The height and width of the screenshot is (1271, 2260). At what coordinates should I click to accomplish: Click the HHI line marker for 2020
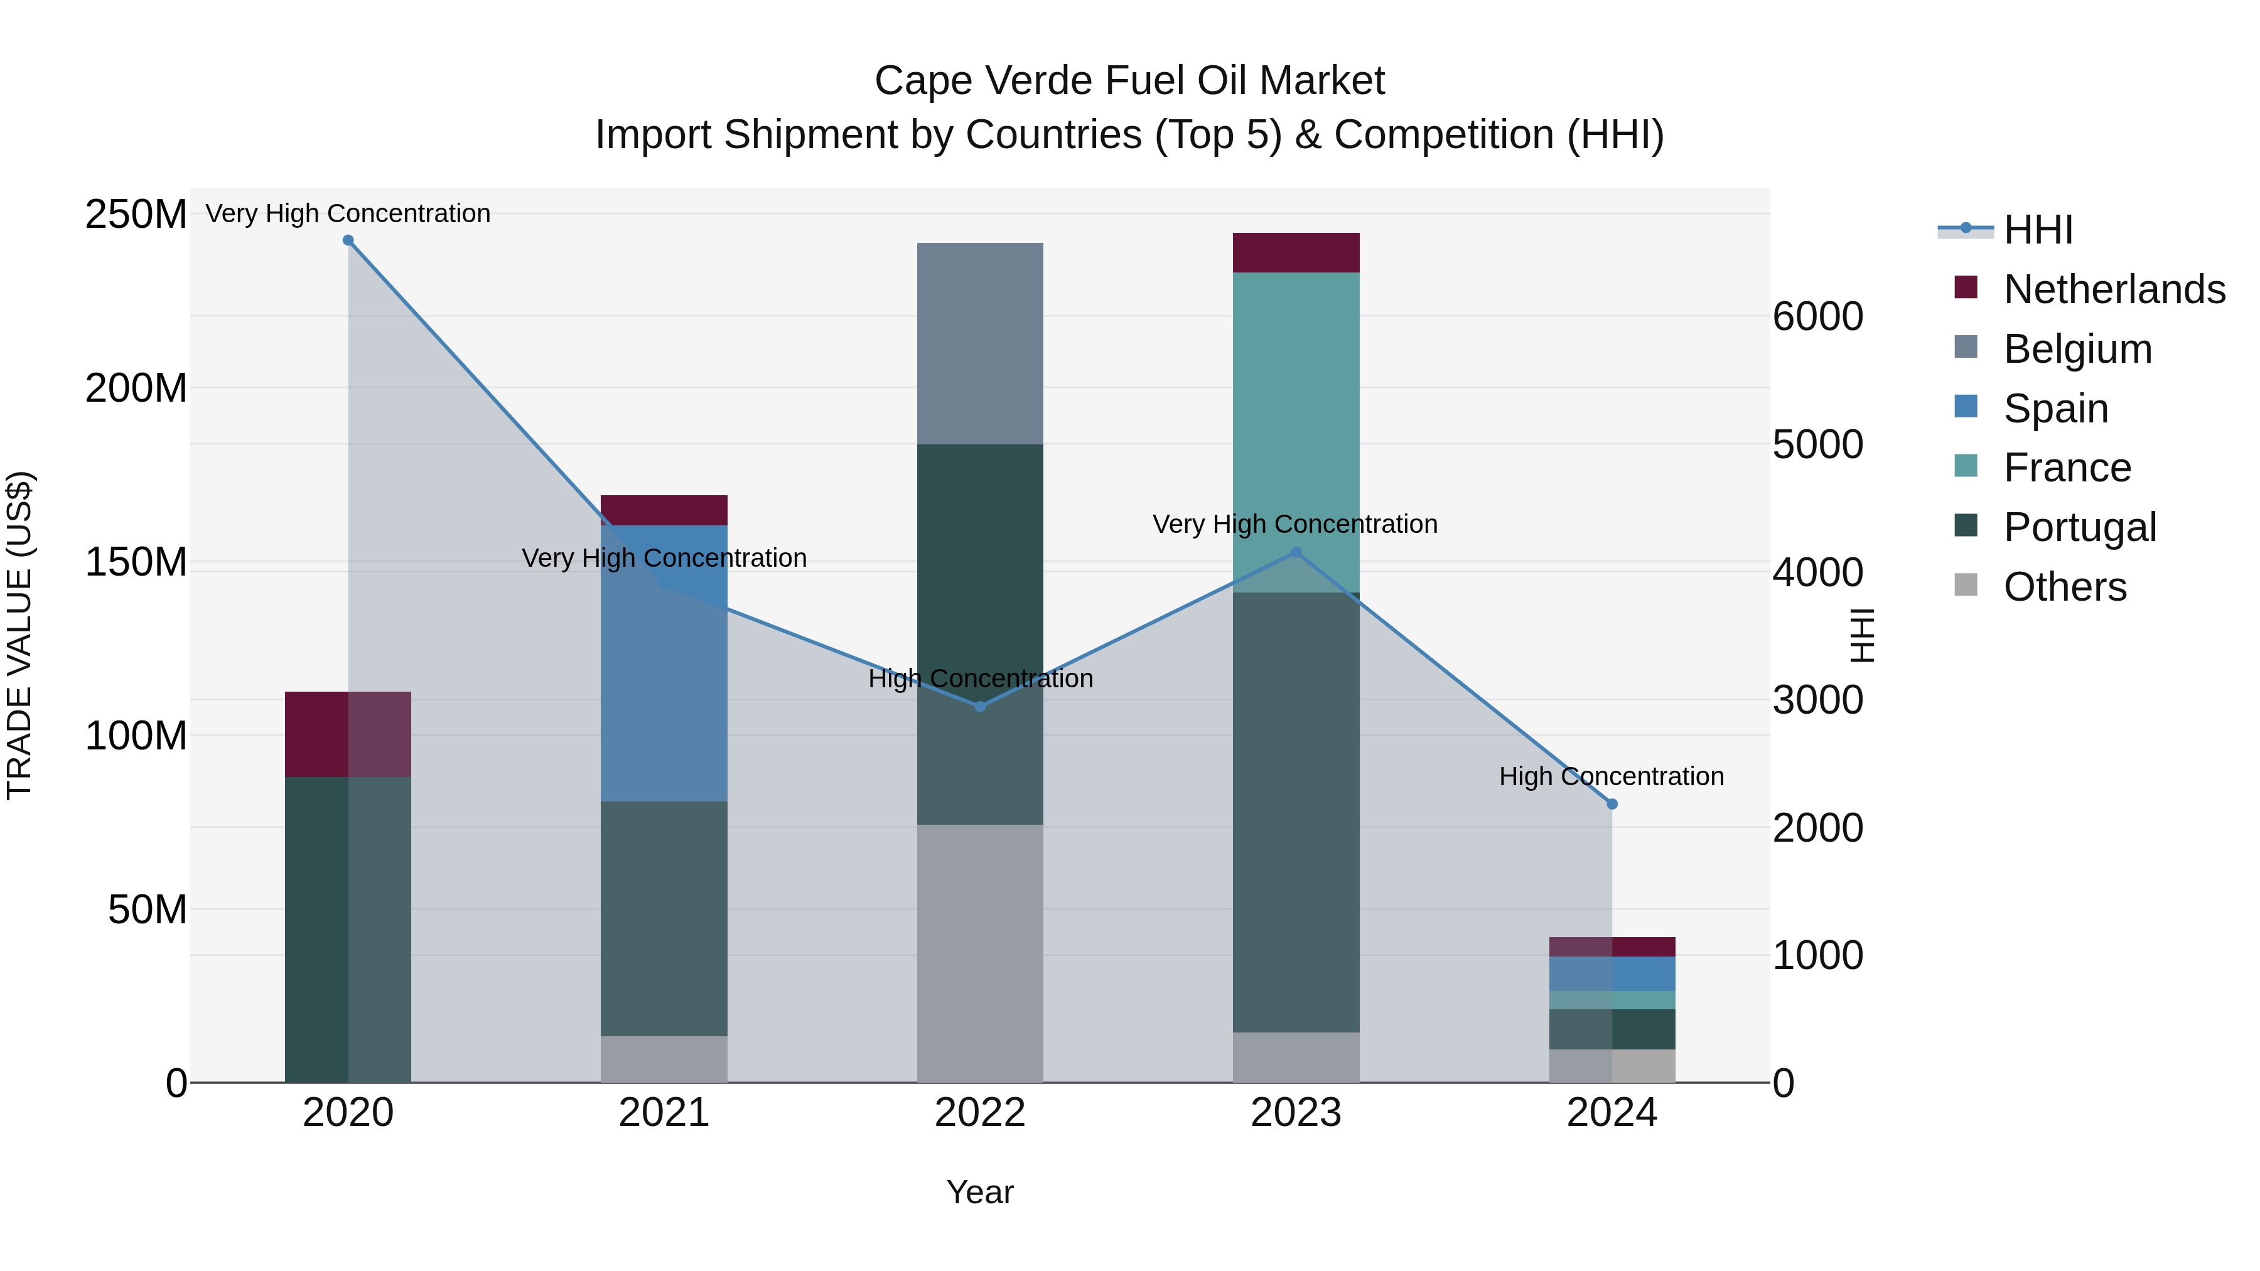point(348,240)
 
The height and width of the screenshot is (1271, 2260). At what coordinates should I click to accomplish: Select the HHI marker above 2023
point(1296,552)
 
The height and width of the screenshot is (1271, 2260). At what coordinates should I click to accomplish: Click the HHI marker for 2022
point(980,706)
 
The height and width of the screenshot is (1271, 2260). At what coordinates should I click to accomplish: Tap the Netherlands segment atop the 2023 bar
point(1296,252)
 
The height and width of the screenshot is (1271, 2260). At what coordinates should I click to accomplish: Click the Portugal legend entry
point(2079,527)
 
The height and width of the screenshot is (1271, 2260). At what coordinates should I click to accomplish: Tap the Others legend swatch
point(1966,585)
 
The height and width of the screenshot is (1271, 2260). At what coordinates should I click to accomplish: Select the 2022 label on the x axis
point(980,1113)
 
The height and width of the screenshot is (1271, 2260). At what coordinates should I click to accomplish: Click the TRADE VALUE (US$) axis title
point(19,636)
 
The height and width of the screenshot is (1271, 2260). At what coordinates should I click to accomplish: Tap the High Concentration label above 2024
point(1612,776)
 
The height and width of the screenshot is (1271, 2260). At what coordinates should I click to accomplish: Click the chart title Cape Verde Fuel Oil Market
point(1129,81)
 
